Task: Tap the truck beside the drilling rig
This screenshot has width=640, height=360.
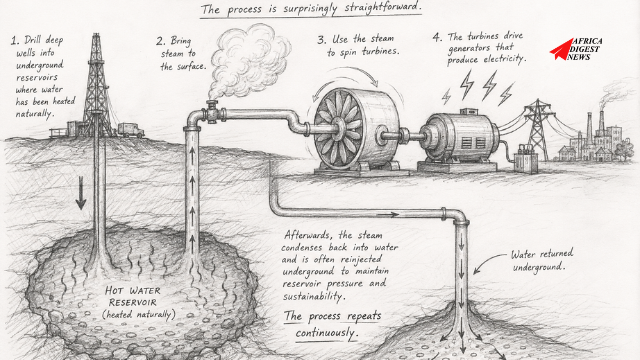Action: tap(131, 130)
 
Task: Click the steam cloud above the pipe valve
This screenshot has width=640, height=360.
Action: tap(249, 58)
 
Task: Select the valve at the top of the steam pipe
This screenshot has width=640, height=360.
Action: tap(212, 112)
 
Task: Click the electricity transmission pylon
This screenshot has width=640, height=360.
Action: tap(538, 130)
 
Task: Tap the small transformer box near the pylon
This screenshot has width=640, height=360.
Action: tap(526, 159)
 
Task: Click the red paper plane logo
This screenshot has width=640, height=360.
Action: tap(561, 49)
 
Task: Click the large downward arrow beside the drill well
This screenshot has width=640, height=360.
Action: tap(81, 193)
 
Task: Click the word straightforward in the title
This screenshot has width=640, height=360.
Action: tap(381, 8)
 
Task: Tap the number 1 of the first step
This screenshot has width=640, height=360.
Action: tap(14, 40)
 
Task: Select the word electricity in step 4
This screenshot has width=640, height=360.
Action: tap(504, 59)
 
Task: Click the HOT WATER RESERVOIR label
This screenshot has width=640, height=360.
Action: tap(133, 297)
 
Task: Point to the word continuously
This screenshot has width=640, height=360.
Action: tap(327, 333)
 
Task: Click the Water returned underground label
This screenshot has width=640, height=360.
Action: tap(542, 260)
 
